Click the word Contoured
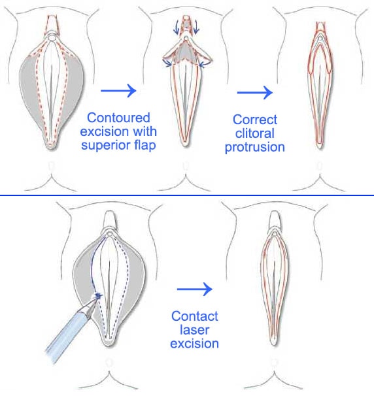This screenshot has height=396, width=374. [118, 118]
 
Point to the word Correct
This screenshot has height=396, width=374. [255, 120]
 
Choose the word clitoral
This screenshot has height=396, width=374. [255, 133]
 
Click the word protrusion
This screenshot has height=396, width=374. [255, 147]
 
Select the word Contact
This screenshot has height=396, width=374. [195, 316]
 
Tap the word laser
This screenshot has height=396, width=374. [195, 330]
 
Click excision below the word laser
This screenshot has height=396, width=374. [195, 344]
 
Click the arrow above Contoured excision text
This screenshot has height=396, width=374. [118, 90]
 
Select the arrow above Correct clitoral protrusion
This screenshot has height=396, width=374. [255, 92]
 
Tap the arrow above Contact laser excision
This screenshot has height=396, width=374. [195, 289]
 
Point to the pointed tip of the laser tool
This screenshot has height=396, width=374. [99, 296]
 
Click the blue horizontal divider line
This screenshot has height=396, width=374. [187, 195]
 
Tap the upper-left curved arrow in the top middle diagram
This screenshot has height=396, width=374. [176, 28]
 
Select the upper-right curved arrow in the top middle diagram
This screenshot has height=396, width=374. [196, 28]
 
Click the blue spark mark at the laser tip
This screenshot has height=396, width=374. [98, 295]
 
